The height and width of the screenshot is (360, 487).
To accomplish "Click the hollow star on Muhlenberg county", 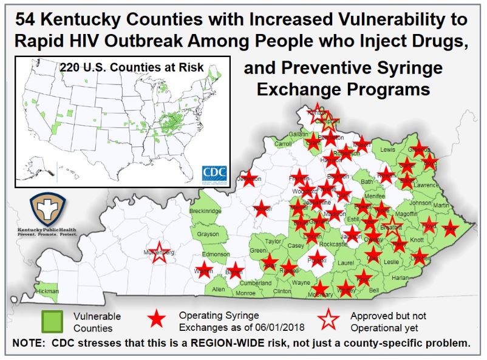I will (x=159, y=254).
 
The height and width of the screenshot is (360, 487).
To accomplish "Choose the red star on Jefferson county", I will (x=248, y=179).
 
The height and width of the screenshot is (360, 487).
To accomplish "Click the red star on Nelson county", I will (x=262, y=208).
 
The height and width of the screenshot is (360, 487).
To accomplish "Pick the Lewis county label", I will (x=387, y=149).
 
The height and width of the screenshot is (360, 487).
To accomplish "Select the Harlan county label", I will (x=401, y=277).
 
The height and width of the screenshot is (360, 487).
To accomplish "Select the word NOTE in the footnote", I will (x=31, y=342).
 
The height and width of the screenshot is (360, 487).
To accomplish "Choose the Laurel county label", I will (x=346, y=263).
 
